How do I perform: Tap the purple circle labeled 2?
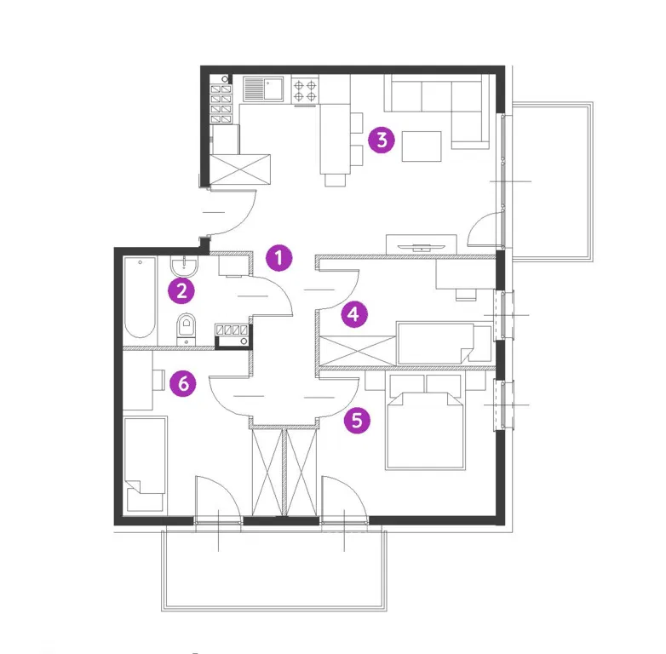(181, 291)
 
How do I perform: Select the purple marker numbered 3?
(381, 141)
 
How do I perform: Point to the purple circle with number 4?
(354, 314)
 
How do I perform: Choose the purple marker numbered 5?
(359, 420)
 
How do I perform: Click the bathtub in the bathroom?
(140, 298)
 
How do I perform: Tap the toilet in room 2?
(186, 327)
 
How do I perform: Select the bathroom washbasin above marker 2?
(185, 267)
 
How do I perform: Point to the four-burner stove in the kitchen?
(305, 89)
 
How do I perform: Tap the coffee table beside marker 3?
(422, 146)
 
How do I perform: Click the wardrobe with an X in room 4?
(356, 350)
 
